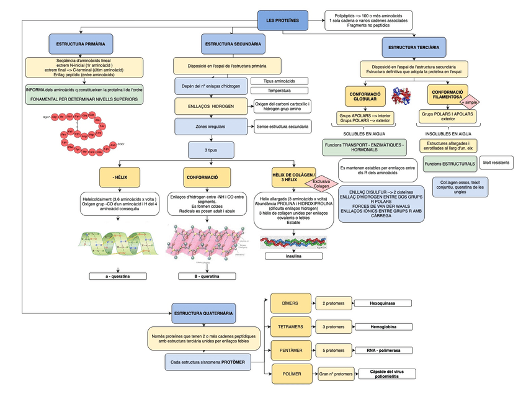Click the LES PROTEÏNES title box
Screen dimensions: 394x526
coord(282,21)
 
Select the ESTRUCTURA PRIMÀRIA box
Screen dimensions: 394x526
coord(81,44)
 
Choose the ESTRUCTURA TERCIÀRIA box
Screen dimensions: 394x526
coord(414,47)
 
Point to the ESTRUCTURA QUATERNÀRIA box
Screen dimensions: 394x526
coord(203,313)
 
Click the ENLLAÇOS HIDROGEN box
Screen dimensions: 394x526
coord(211,107)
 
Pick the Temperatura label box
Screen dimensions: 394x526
coord(279,91)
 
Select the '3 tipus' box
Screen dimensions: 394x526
coord(210,150)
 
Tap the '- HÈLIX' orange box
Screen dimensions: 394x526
coord(120,177)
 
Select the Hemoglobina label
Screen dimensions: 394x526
coord(383,326)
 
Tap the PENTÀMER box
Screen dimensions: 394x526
coord(290,351)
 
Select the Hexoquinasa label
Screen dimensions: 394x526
coord(383,303)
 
